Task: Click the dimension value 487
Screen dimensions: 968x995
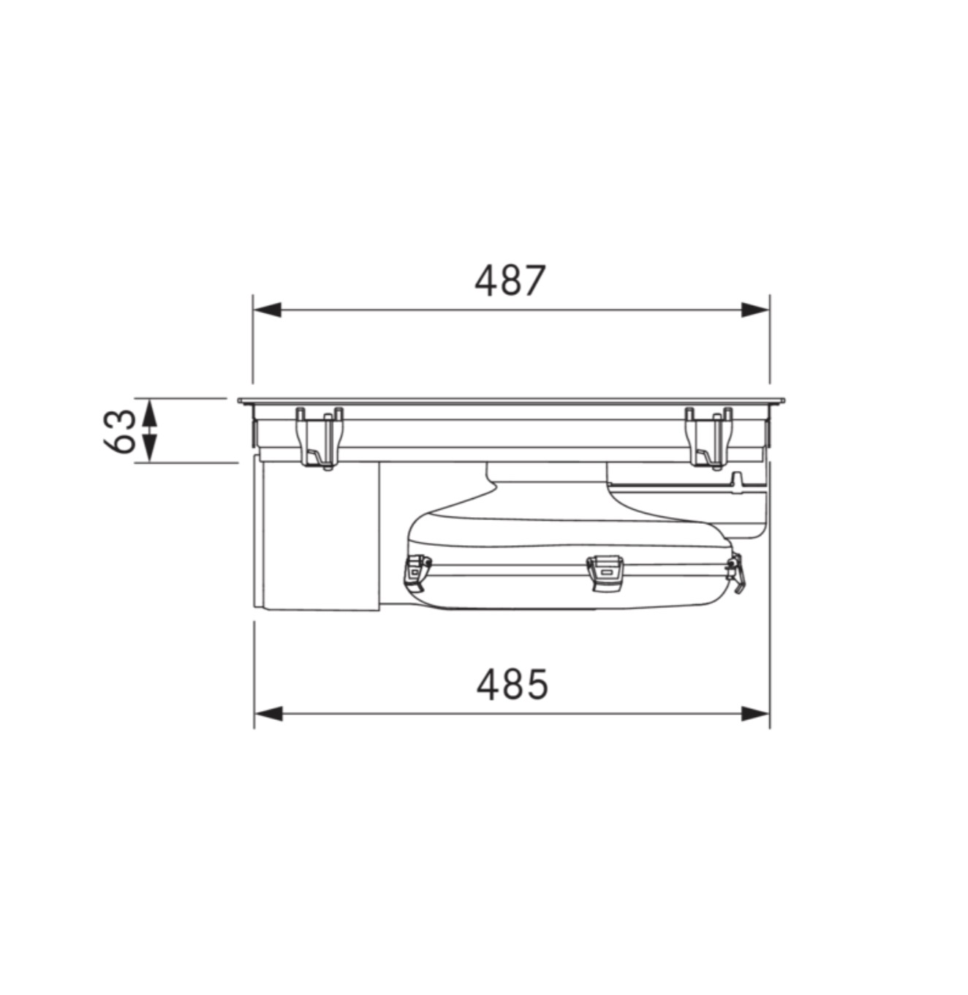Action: point(510,280)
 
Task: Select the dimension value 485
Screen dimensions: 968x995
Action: point(512,684)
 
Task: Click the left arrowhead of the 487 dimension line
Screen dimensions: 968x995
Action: point(268,309)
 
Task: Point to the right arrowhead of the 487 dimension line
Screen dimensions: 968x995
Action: point(755,309)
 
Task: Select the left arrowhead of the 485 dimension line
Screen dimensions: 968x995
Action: point(268,713)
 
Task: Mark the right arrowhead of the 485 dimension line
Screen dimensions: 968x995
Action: point(755,713)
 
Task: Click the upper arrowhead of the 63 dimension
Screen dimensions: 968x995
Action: point(148,413)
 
